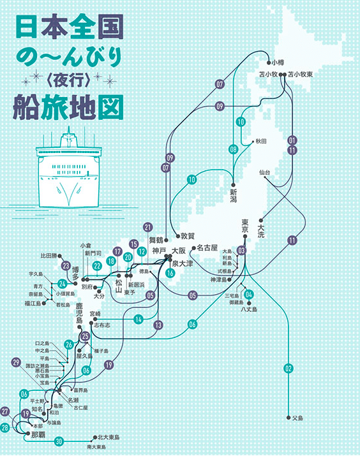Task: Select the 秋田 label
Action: pos(260,142)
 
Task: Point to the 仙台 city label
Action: pos(265,173)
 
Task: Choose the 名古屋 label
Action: pos(207,247)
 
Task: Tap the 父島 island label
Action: pos(297,418)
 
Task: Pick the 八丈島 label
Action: pos(248,309)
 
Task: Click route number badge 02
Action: pos(289,368)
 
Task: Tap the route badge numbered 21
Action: pos(148,226)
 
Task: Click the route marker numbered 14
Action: pos(137,319)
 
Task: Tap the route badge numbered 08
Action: pos(233,149)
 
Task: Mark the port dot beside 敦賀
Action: pos(176,235)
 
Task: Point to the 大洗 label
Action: pos(262,228)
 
